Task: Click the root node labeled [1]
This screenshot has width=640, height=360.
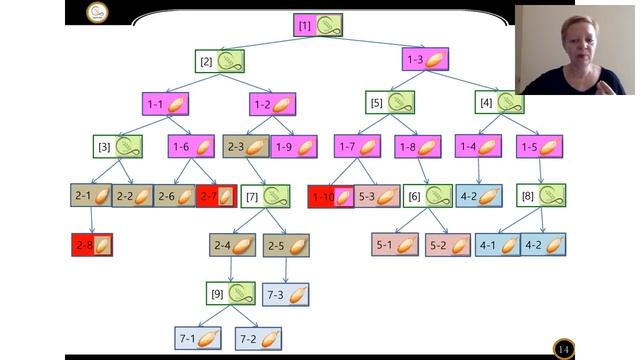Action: pos(318,25)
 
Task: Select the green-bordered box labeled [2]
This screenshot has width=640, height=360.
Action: pos(220,61)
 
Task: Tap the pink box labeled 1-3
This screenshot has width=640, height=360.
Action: pos(425,59)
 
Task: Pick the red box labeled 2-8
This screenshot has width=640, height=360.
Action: pos(92,245)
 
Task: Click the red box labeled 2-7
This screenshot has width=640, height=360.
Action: pos(216,196)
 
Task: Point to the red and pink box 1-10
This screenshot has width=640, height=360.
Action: pos(331,197)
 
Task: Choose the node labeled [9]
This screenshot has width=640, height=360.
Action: pos(231,293)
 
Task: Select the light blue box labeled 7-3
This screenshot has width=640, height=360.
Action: pos(286,294)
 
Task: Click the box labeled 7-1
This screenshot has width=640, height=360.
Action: pos(198,338)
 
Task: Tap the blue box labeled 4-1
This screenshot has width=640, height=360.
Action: pos(498,245)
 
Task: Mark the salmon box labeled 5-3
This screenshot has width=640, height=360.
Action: pos(377,196)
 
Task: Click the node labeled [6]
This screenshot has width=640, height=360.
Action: pos(428,196)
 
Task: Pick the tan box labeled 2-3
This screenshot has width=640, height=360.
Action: pos(246,147)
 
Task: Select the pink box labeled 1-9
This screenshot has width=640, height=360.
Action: pos(294,147)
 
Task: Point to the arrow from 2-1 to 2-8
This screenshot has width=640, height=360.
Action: pos(91,220)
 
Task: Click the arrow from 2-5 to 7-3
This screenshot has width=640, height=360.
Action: pos(285,270)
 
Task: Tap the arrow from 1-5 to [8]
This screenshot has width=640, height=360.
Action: pos(540,171)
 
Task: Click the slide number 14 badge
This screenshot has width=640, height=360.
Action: pos(564,349)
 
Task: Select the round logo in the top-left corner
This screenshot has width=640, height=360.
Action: pos(97,12)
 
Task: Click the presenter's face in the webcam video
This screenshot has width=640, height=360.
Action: pos(580,43)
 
